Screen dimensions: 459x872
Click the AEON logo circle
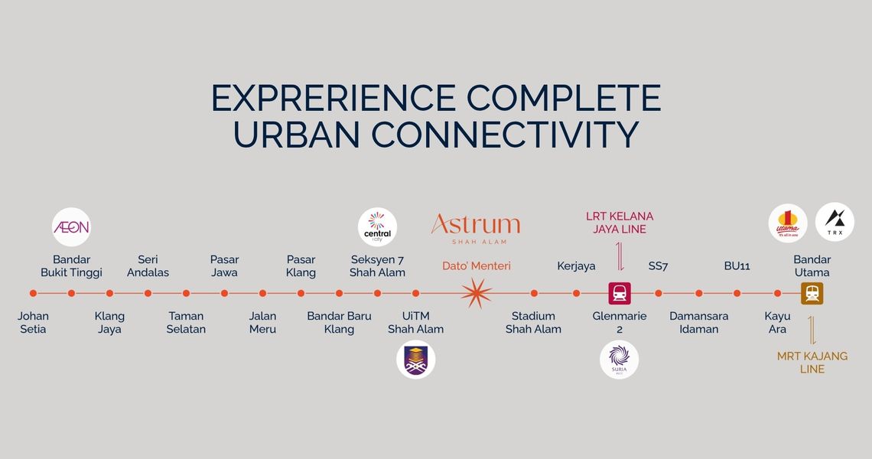coord(71,227)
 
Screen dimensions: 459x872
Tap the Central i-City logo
coord(378,227)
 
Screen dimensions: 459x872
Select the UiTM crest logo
coord(416,360)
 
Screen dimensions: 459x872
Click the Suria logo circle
coord(619,360)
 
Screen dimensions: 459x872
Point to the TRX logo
coord(835,222)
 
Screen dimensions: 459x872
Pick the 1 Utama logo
coord(788,222)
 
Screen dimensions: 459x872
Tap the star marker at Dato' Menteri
coord(476,293)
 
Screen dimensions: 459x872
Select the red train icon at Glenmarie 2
coord(619,293)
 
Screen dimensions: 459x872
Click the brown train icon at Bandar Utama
coord(812,293)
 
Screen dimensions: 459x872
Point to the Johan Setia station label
coord(33,322)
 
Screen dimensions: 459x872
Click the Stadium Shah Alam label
coord(533,322)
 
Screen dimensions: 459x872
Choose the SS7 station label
coord(659,266)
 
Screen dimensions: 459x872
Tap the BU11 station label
coord(737,266)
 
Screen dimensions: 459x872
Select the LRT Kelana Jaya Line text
coord(620,223)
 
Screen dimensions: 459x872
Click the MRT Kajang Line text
coord(812,362)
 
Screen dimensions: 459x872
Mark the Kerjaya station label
coord(576,266)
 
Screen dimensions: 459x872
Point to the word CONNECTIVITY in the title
coord(505,135)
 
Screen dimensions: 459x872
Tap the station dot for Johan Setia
coord(33,293)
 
